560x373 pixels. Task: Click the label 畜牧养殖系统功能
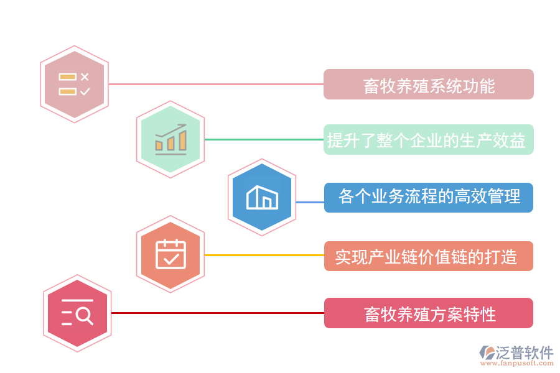pyautogui.click(x=429, y=85)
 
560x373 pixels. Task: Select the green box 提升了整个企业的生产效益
pyautogui.click(x=429, y=140)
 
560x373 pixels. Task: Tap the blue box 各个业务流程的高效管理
pyautogui.click(x=429, y=198)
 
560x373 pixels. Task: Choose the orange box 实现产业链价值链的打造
pyautogui.click(x=429, y=256)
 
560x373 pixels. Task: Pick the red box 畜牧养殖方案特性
pyautogui.click(x=429, y=313)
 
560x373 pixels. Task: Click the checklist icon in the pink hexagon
pyautogui.click(x=75, y=84)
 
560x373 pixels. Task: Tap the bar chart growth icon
pyautogui.click(x=170, y=139)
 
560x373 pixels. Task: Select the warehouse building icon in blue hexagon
pyautogui.click(x=262, y=197)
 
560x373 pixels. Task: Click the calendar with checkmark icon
pyautogui.click(x=170, y=254)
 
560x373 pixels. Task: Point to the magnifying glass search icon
pyautogui.click(x=77, y=313)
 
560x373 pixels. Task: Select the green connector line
pyautogui.click(x=264, y=139)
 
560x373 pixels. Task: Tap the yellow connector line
pyautogui.click(x=264, y=255)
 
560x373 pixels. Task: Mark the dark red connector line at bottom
pyautogui.click(x=217, y=313)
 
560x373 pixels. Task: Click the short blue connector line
pyautogui.click(x=309, y=202)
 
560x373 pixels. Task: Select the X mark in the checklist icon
pyautogui.click(x=85, y=76)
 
